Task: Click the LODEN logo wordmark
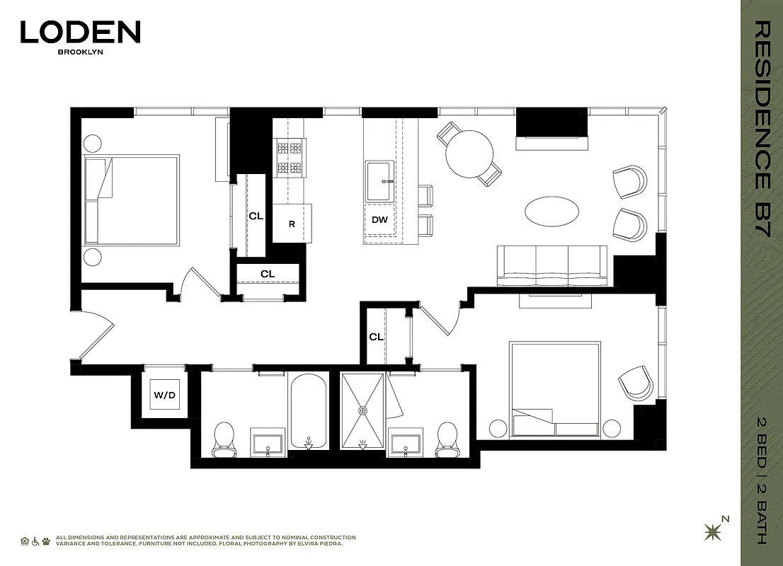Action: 80,32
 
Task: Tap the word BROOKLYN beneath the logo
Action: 80,52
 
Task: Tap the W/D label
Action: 165,395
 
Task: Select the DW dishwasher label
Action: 380,219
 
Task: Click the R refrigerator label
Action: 292,224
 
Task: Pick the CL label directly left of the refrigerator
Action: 256,216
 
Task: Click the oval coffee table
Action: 551,211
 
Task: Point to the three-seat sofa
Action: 552,266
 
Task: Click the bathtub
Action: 307,411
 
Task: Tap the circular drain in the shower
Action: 363,410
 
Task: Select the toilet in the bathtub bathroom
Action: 224,437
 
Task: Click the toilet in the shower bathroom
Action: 447,436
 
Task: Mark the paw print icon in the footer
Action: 47,541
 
